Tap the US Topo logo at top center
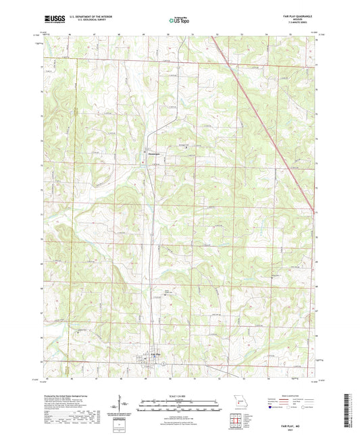point(178,20)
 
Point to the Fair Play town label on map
point(155,353)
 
